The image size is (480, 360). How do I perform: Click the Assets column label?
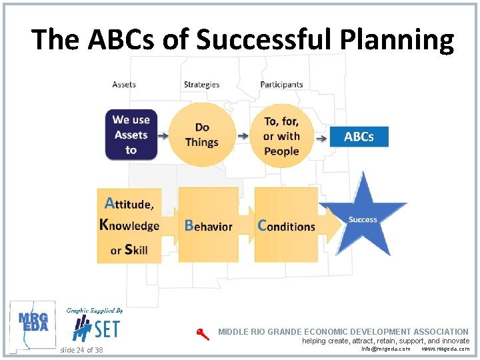[124, 85]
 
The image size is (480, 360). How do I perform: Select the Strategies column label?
[201, 85]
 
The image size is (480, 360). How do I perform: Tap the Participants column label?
[281, 85]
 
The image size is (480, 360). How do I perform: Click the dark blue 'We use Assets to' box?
[131, 135]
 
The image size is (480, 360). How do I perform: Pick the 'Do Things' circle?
[202, 135]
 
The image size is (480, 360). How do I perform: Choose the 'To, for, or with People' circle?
[281, 136]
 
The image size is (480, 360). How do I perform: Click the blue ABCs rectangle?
[359, 137]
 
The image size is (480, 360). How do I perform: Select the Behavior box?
[209, 225]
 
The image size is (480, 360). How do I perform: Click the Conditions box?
[286, 225]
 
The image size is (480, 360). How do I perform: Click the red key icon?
[203, 335]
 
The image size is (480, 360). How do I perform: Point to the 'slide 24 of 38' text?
[81, 349]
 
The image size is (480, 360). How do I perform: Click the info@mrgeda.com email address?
[385, 349]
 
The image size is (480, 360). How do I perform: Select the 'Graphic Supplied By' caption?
[94, 310]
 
